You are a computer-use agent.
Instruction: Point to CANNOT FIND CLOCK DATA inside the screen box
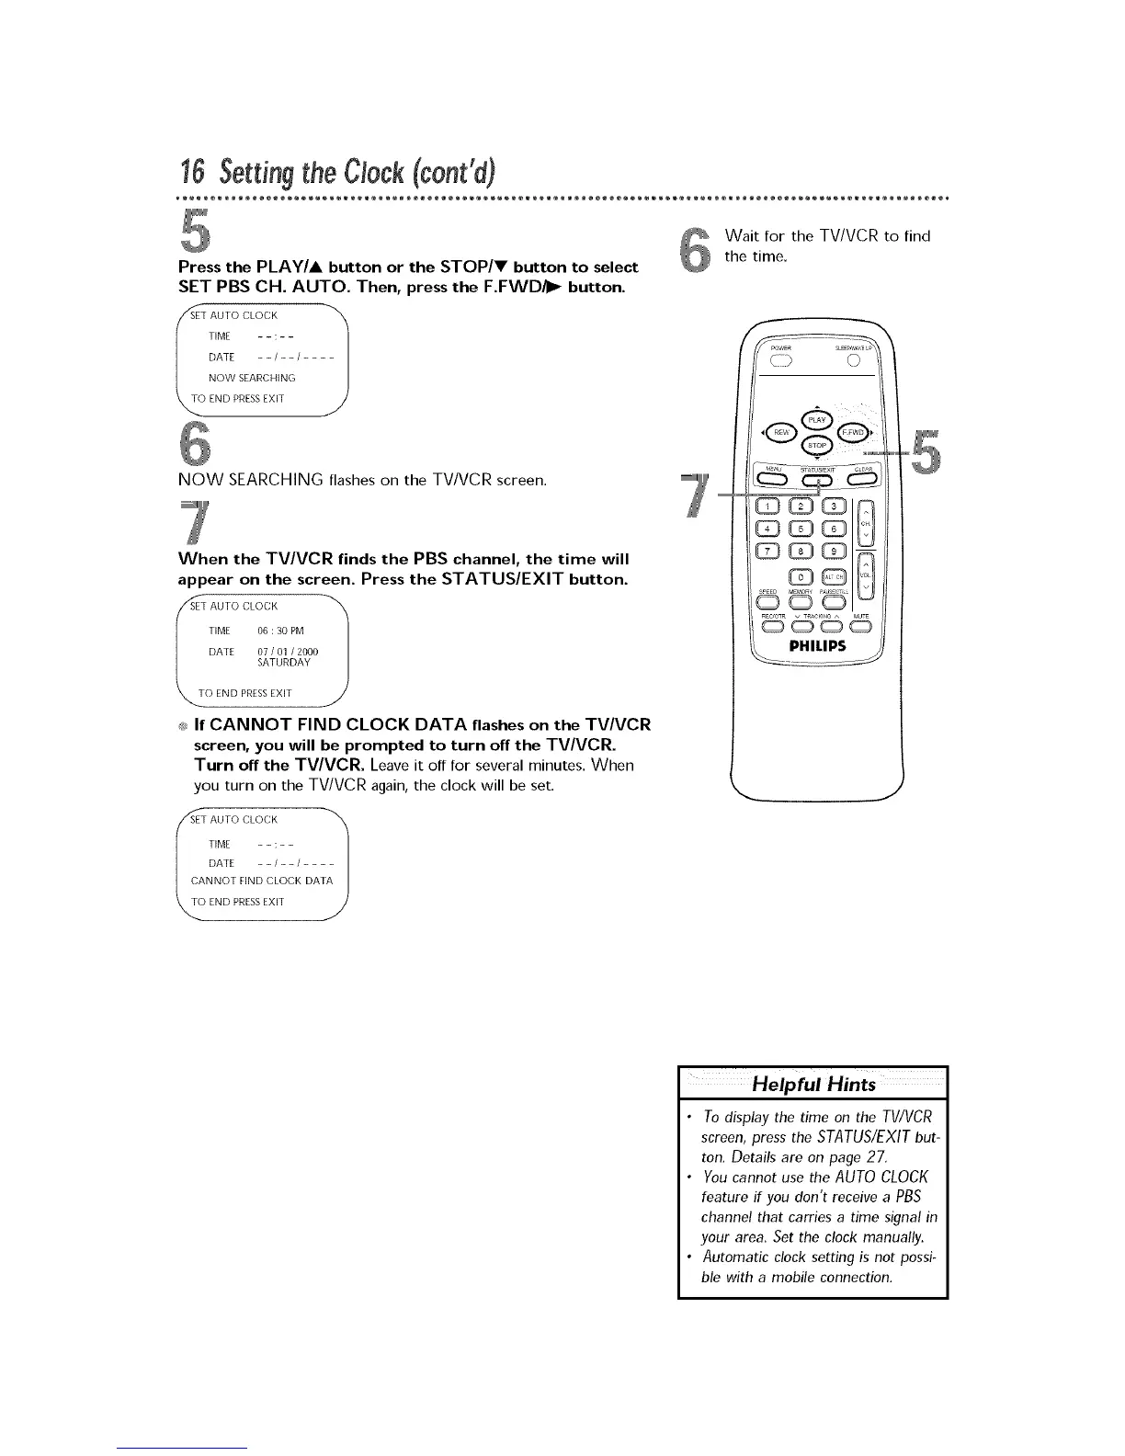point(261,881)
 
